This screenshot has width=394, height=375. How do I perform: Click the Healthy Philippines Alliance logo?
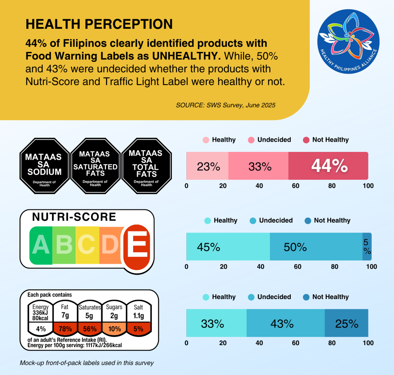[348, 41]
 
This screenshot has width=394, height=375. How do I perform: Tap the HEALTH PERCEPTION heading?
[99, 24]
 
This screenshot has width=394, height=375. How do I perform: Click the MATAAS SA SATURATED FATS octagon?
[95, 165]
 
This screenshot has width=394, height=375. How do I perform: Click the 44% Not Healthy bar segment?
[329, 166]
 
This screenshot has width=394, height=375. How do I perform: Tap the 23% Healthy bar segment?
[208, 166]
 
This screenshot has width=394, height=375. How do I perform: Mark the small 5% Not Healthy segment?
[367, 247]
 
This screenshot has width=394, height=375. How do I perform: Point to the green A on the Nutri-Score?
[41, 245]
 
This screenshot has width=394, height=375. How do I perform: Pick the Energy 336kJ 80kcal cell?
[41, 312]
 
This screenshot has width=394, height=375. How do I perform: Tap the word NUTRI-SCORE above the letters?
[74, 217]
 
